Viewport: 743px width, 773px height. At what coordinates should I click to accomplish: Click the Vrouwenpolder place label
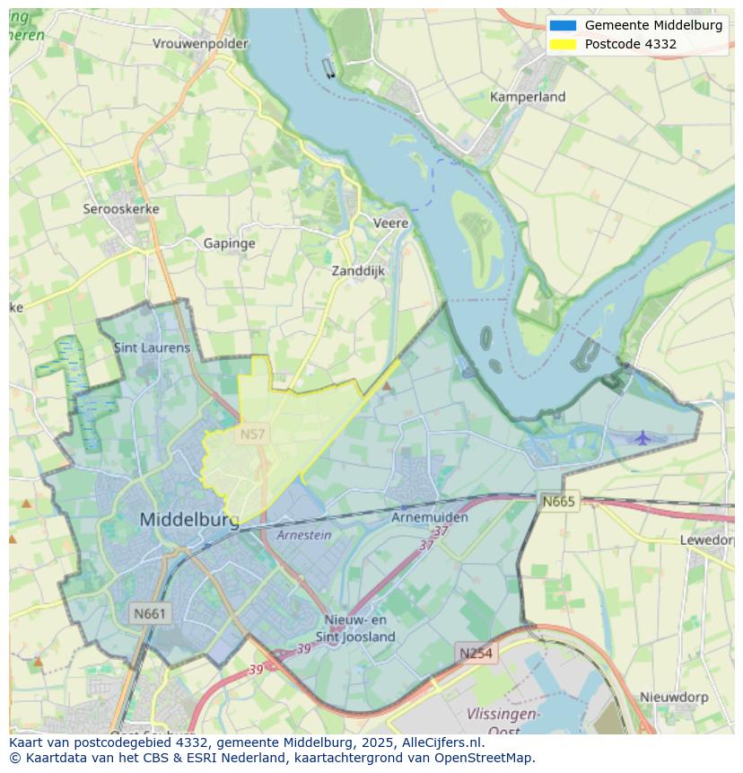(200, 43)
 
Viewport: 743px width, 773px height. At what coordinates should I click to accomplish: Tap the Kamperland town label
(528, 96)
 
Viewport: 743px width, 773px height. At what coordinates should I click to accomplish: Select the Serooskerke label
(121, 208)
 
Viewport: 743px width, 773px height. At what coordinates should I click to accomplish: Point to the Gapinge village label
(229, 243)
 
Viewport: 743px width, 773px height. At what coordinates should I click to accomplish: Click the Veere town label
(390, 223)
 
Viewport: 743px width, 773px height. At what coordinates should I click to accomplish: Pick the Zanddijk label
(358, 270)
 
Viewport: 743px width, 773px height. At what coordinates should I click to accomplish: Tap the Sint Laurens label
(152, 347)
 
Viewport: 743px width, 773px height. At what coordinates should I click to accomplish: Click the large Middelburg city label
(189, 520)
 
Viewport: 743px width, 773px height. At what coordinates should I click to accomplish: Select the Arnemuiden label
(430, 517)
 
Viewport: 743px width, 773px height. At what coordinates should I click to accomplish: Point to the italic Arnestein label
(303, 535)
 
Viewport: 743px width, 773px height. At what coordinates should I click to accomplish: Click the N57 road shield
(252, 435)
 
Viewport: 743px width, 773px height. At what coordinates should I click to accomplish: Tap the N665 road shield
(558, 501)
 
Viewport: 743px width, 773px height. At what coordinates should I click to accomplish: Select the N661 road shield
(149, 614)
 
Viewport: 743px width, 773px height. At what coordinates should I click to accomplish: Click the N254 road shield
(476, 653)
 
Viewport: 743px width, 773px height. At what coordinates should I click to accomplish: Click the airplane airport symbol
(642, 437)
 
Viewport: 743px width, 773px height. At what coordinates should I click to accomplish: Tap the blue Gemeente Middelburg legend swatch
(563, 25)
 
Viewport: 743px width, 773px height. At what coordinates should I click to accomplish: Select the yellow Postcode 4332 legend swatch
(563, 44)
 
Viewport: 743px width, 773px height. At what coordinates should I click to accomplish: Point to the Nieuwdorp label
(674, 697)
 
